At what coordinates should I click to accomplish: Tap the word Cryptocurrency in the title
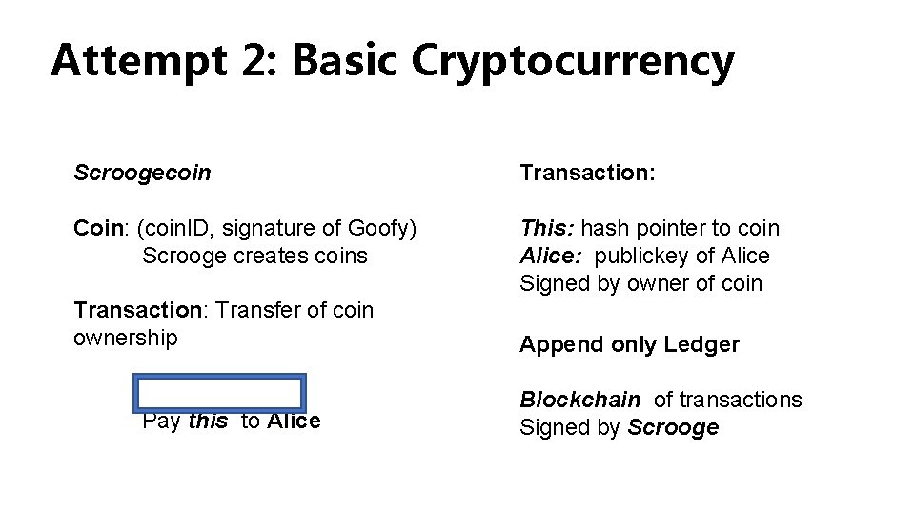click(573, 61)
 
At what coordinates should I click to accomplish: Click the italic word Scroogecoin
click(142, 173)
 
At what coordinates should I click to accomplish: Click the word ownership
click(125, 339)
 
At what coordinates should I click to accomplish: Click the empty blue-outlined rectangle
click(219, 394)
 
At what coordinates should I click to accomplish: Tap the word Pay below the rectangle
click(161, 422)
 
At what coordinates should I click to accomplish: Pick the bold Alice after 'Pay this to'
click(294, 422)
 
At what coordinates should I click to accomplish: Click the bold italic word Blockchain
click(579, 401)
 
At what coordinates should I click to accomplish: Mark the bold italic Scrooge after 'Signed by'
click(673, 428)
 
